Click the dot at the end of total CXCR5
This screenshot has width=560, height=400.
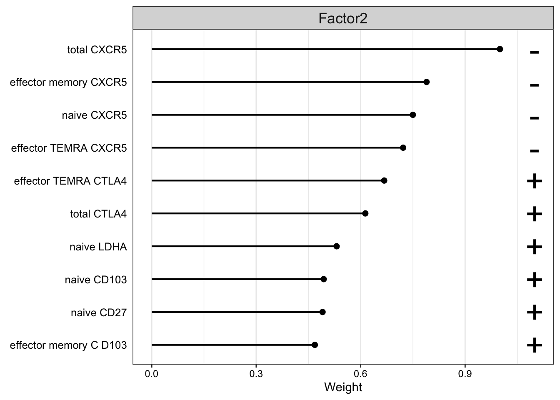click(500, 49)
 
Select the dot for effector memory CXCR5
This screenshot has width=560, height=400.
click(426, 82)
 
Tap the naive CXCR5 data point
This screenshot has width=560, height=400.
click(413, 115)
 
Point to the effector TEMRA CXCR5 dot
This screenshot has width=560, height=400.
click(403, 147)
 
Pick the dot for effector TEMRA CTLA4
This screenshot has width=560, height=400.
click(384, 180)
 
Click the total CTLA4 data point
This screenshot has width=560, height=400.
click(365, 213)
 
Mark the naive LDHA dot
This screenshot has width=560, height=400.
click(337, 246)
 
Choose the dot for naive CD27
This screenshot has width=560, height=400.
click(322, 312)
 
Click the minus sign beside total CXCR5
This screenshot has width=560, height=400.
click(534, 52)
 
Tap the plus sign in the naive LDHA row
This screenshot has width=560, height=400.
click(534, 247)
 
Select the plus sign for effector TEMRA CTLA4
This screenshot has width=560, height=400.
click(534, 181)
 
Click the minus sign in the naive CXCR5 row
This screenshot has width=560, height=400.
click(534, 118)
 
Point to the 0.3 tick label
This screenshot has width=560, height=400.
click(256, 374)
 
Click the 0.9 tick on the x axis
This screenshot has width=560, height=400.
click(465, 374)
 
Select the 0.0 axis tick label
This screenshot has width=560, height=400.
click(152, 374)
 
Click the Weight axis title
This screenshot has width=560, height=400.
click(343, 387)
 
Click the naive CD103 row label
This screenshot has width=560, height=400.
click(96, 280)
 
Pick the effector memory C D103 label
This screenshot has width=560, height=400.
click(68, 345)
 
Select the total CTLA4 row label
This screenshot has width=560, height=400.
click(98, 214)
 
